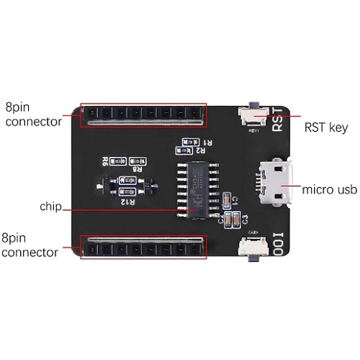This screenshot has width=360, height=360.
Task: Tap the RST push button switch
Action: click(252, 114)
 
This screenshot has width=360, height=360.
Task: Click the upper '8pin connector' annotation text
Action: click(32, 114)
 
